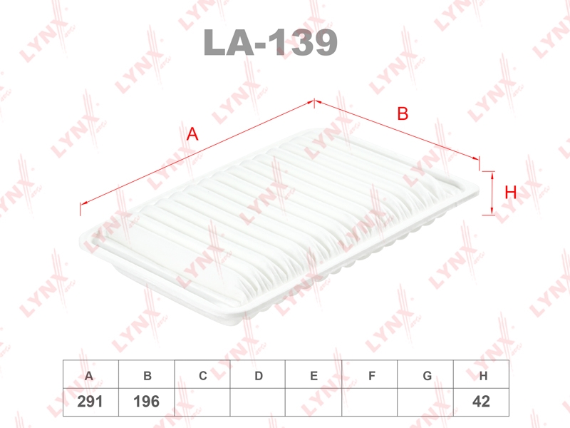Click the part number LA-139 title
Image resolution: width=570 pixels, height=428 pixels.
(x=271, y=42)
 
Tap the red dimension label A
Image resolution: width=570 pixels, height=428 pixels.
(x=192, y=134)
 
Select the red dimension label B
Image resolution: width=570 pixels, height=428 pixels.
(x=403, y=113)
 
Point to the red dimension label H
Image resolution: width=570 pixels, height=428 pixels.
(x=511, y=192)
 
